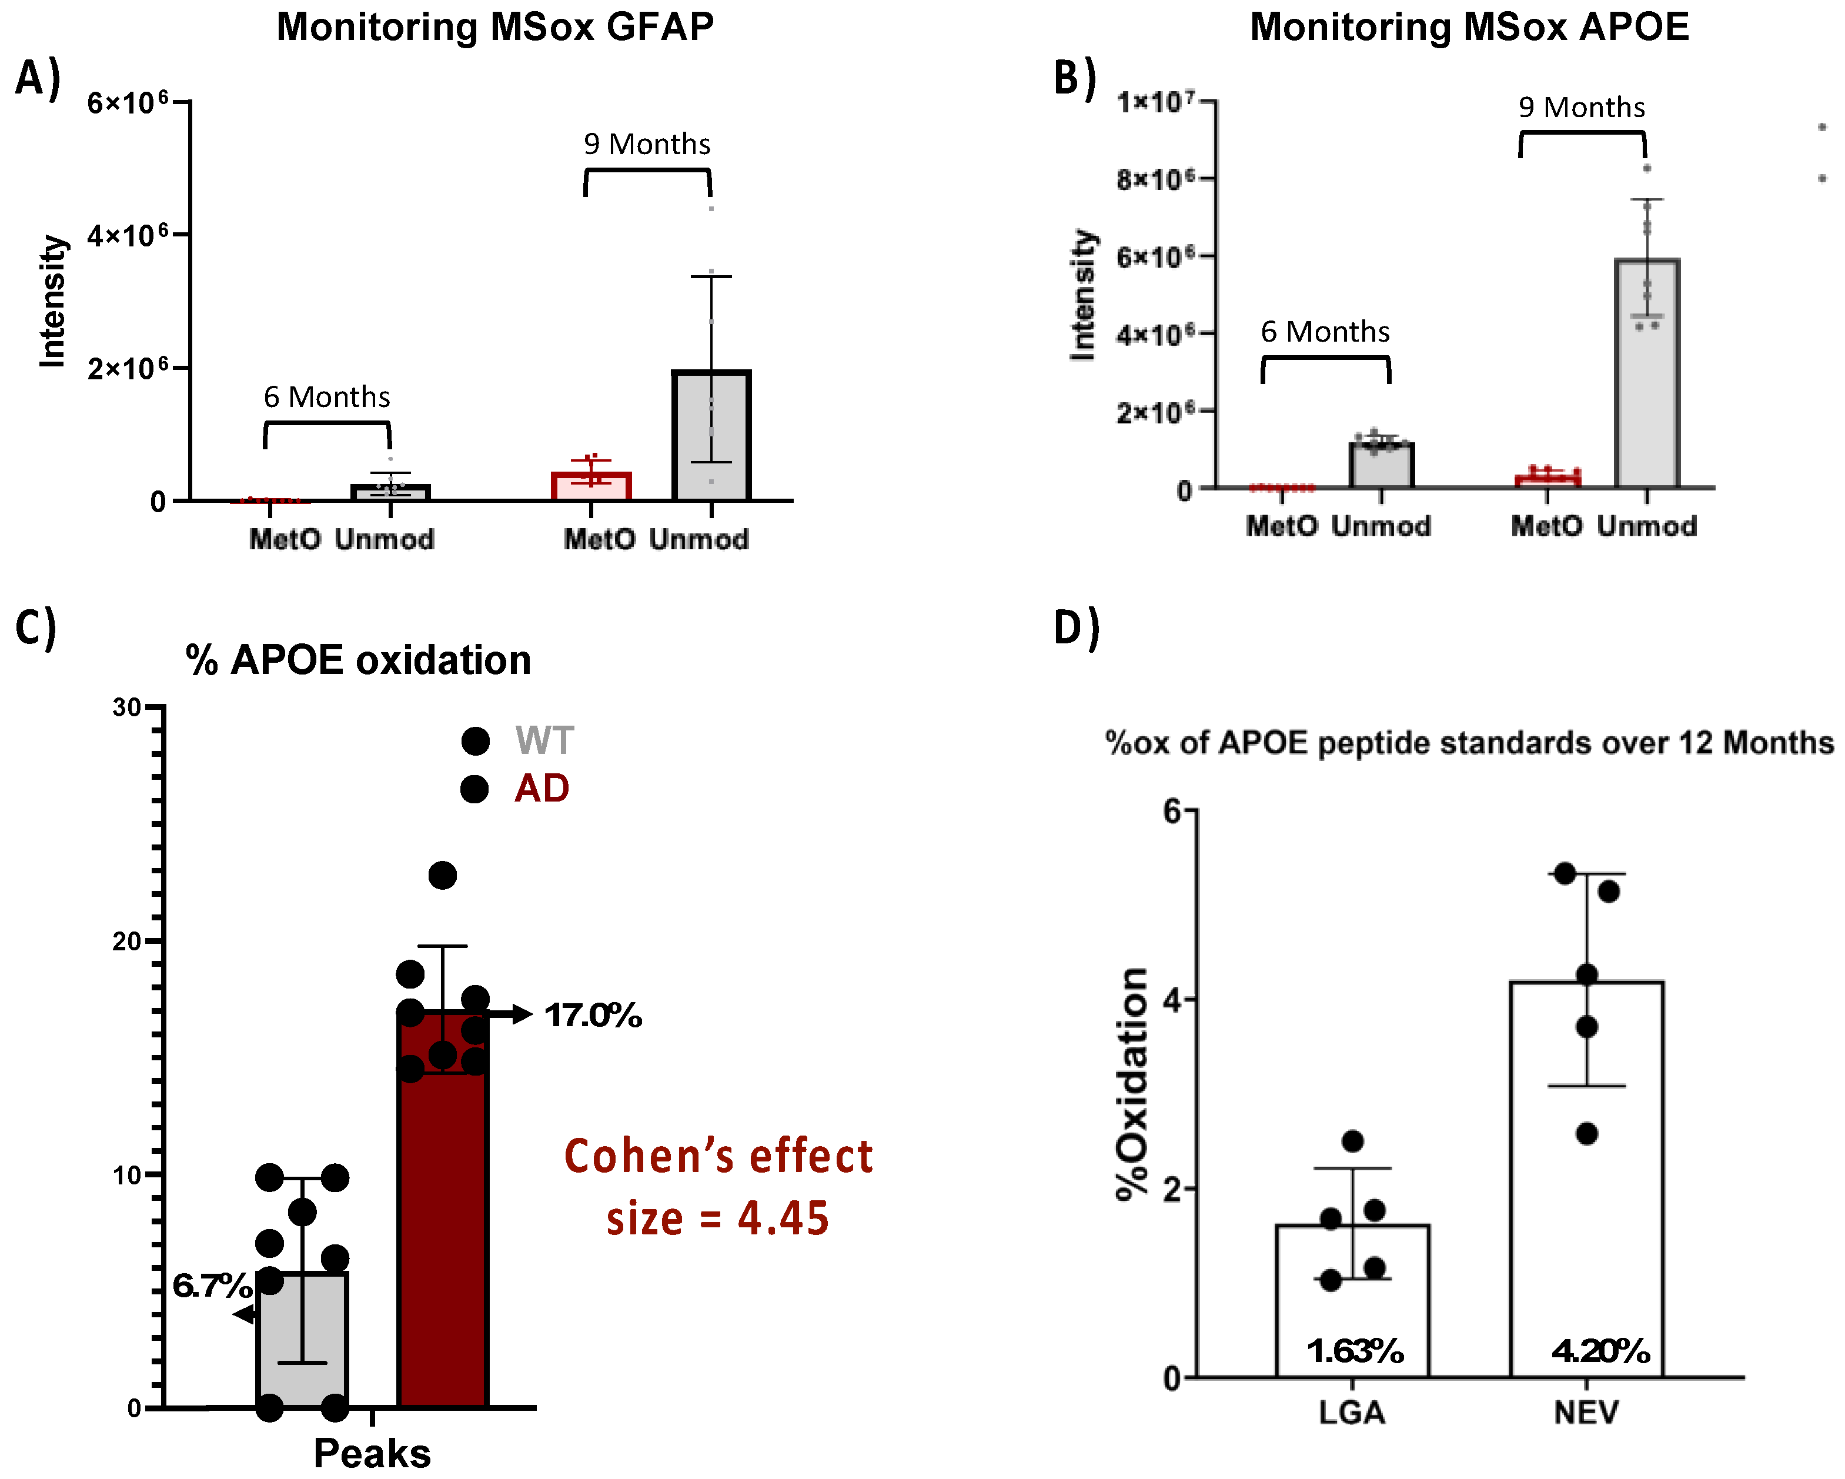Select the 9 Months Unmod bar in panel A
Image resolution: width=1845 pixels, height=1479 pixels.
(x=711, y=436)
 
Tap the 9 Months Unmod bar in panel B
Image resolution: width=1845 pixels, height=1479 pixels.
(x=1646, y=376)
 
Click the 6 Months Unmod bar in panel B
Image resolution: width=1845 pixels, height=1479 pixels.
(x=1381, y=466)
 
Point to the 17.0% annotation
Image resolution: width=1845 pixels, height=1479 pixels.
(x=593, y=1016)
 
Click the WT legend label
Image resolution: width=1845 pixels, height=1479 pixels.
(x=544, y=740)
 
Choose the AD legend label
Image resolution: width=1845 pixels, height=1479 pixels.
(x=542, y=788)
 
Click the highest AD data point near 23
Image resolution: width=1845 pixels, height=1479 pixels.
(x=442, y=876)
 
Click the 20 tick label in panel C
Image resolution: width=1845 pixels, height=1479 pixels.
(x=126, y=942)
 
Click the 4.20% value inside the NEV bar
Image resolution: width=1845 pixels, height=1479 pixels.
(x=1600, y=1351)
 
